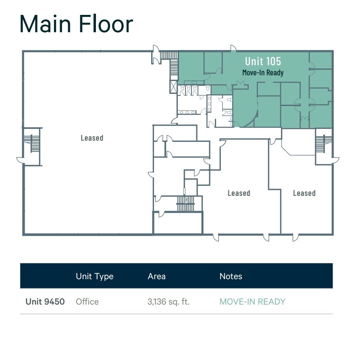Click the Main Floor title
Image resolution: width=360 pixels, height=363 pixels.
pos(76,24)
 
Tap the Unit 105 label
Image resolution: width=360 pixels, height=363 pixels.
pos(263,61)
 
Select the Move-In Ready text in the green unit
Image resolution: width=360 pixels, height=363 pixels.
pos(263,73)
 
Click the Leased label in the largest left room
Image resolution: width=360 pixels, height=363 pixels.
pos(92,138)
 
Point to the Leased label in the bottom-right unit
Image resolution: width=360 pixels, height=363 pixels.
pos(304,193)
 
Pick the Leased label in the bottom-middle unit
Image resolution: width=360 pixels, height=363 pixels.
pos(239,193)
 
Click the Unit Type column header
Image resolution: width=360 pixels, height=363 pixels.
pos(94,276)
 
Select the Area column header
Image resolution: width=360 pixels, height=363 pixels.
pos(156,276)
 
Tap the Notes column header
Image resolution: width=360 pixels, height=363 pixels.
pos(231,276)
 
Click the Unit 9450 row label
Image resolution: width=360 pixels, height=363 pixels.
pos(45,301)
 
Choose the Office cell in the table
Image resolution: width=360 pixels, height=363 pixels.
pos(87,301)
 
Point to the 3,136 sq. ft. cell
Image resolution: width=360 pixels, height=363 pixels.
pos(168,301)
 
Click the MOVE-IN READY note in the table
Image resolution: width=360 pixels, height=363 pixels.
pos(252,301)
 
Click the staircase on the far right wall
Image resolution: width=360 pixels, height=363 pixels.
pos(324,143)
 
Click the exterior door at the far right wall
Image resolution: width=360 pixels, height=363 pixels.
pos(335,160)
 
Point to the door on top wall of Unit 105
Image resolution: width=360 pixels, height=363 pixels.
pos(233,49)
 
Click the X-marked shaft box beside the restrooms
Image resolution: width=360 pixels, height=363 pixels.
pos(174,87)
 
